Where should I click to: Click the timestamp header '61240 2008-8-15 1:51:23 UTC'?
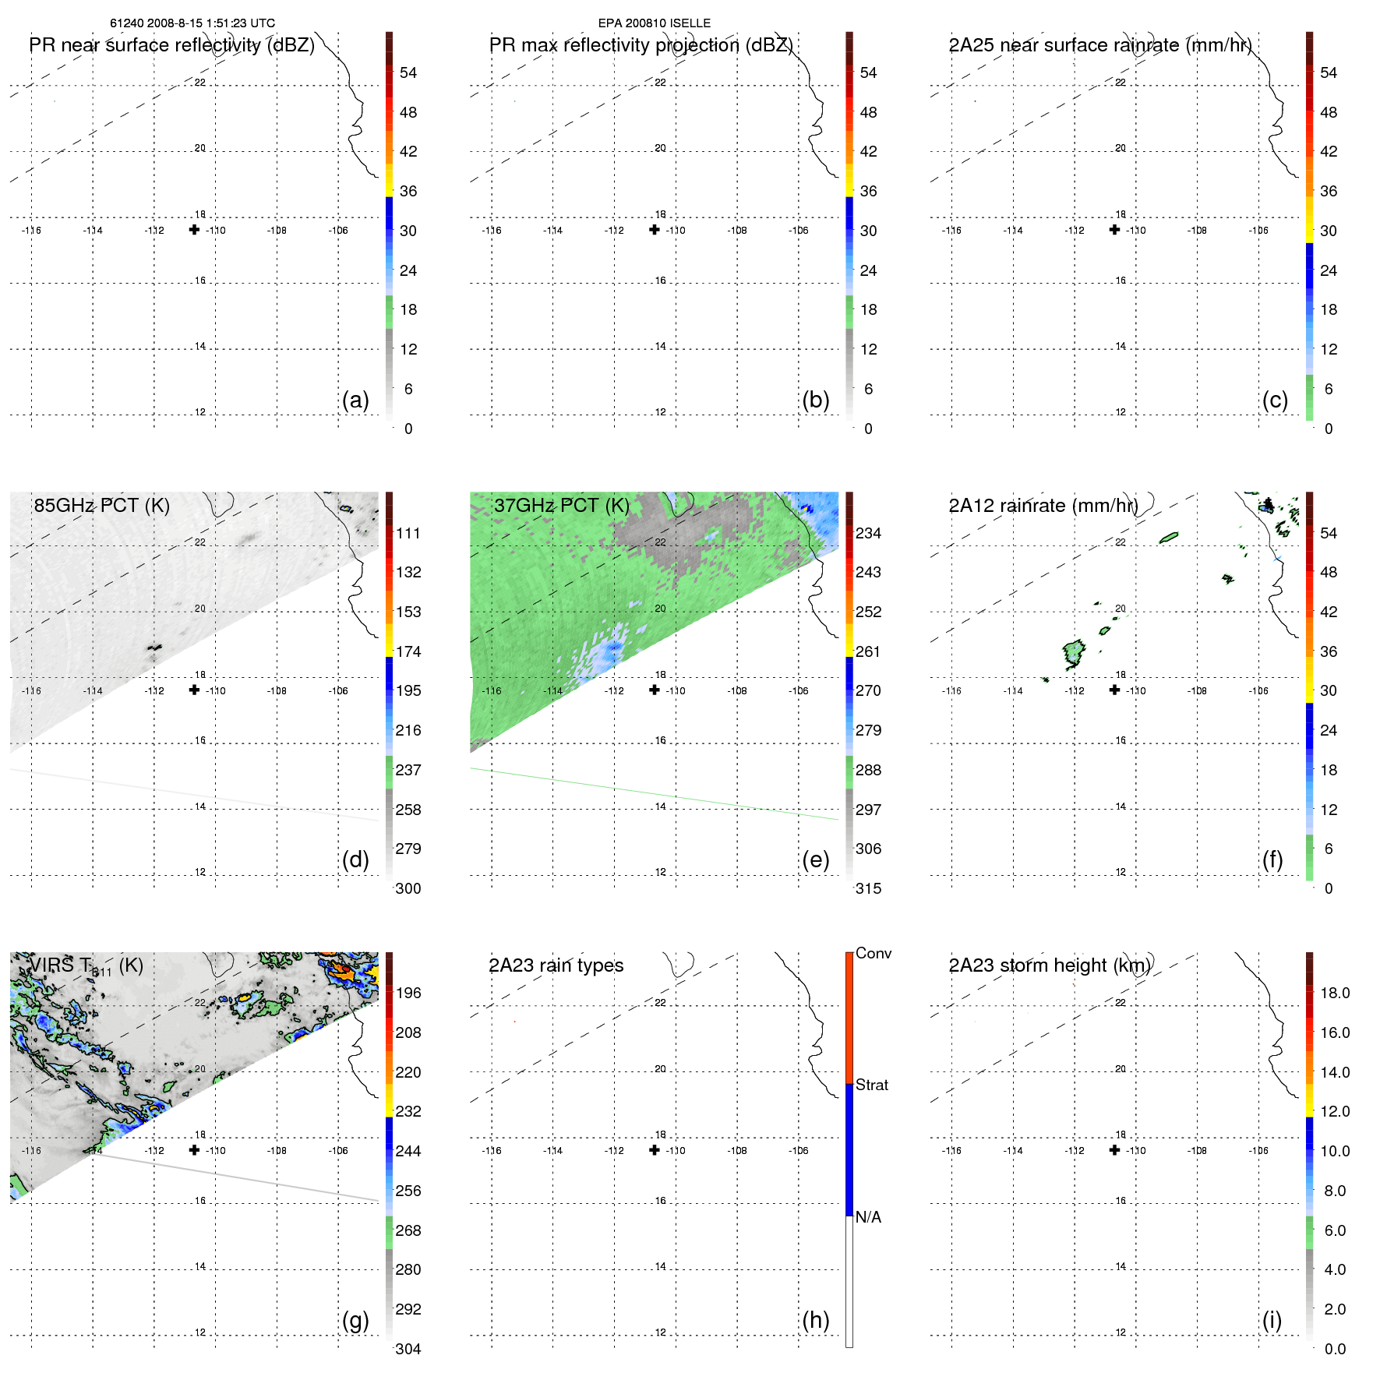[192, 23]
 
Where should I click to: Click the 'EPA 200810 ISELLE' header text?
[654, 23]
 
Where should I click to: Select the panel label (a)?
[355, 400]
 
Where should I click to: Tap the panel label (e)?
[815, 859]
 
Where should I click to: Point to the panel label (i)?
[1272, 1320]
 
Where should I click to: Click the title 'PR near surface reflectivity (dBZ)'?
[171, 45]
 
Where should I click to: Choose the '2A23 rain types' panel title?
[556, 965]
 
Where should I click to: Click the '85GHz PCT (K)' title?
[101, 506]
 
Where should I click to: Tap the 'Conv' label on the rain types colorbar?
[873, 953]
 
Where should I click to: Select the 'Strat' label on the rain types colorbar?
[872, 1085]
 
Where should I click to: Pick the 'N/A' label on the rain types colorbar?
[868, 1217]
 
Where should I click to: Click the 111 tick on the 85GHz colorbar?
[408, 533]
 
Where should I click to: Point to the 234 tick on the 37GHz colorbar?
[868, 533]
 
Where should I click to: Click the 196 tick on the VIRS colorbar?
[408, 993]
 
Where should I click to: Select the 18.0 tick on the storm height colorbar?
[1335, 993]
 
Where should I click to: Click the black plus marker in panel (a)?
[194, 230]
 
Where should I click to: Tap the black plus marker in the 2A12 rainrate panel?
[1114, 690]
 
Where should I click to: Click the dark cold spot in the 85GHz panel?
[154, 647]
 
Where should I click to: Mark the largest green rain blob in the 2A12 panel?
[1074, 652]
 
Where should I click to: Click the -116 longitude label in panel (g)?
[31, 1151]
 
